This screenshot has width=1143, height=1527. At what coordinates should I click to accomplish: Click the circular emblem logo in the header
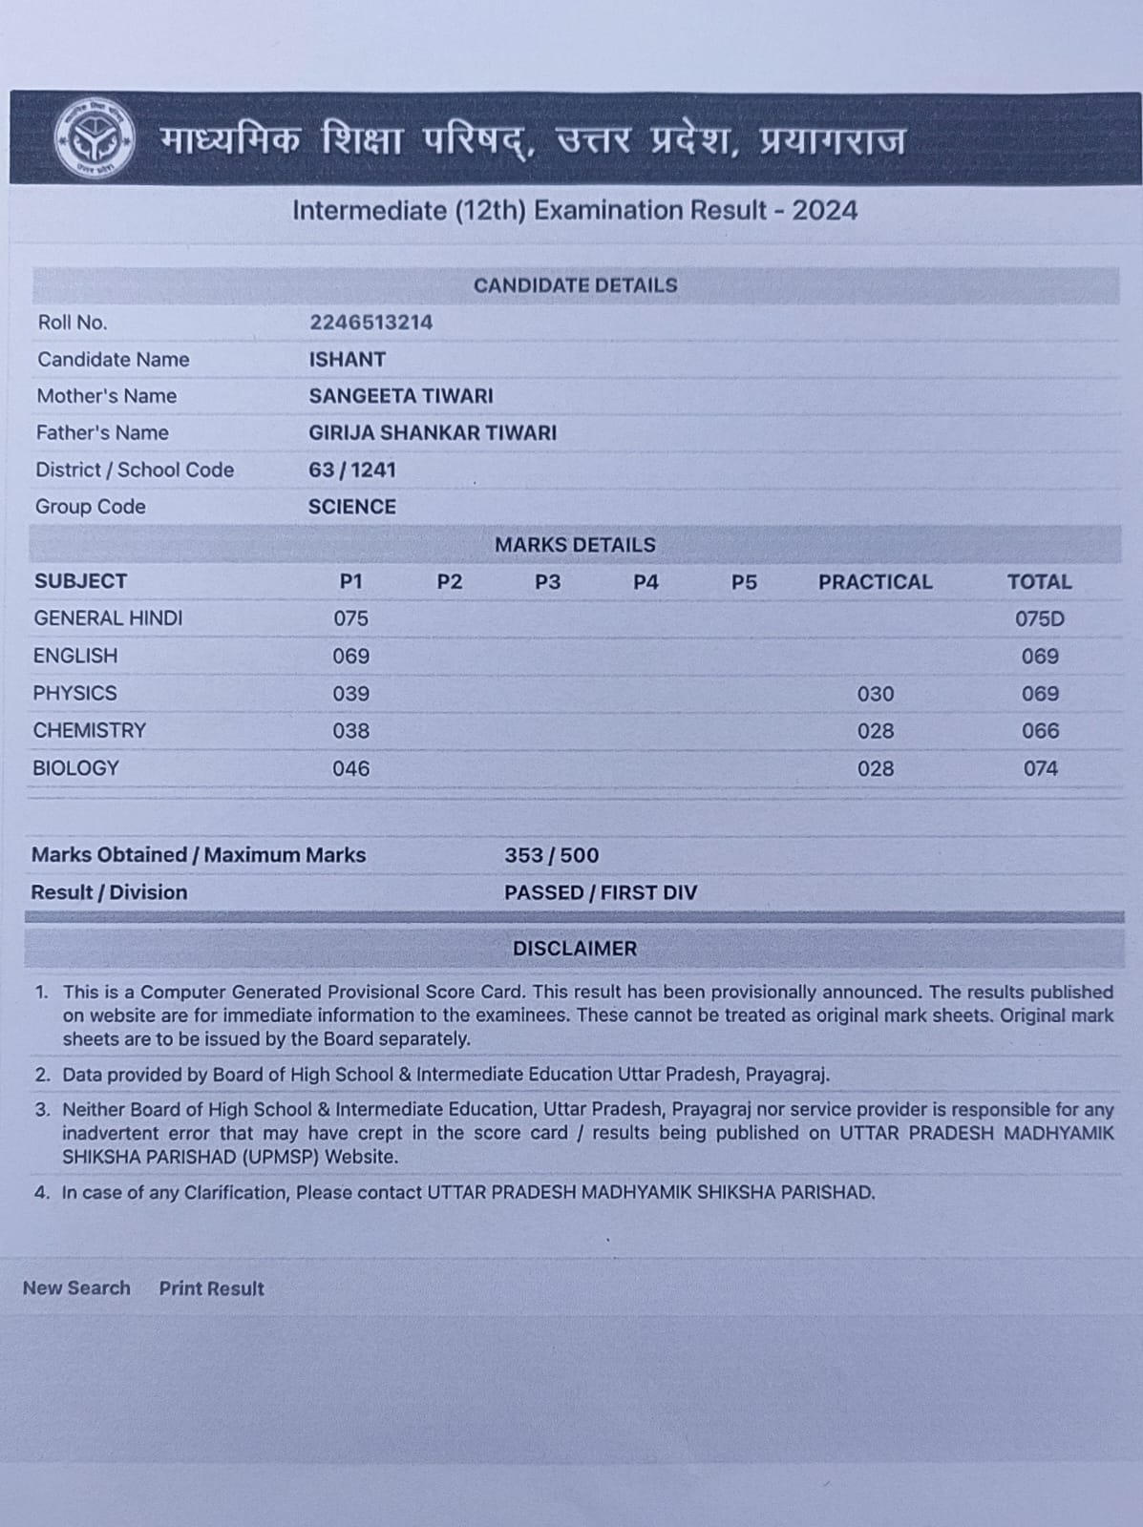pyautogui.click(x=93, y=139)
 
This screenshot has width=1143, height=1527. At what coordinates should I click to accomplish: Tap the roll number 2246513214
pyautogui.click(x=370, y=323)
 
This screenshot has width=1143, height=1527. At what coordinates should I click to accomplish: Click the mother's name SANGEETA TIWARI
pyautogui.click(x=400, y=396)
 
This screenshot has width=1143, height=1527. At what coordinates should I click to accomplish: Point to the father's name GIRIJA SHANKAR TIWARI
pyautogui.click(x=432, y=433)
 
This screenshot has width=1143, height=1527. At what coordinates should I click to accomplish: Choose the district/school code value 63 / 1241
pyautogui.click(x=351, y=470)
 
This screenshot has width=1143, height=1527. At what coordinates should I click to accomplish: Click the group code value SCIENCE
pyautogui.click(x=351, y=507)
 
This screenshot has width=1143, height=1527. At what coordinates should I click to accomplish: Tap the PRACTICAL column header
pyautogui.click(x=875, y=582)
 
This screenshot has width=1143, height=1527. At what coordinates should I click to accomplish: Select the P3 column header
pyautogui.click(x=547, y=582)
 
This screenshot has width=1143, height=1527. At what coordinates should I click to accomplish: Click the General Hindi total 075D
pyautogui.click(x=1039, y=619)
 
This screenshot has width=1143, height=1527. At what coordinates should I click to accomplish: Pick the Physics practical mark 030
pyautogui.click(x=875, y=694)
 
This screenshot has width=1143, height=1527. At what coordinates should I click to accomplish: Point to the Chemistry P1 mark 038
pyautogui.click(x=350, y=731)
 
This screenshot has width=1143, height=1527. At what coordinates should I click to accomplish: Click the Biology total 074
pyautogui.click(x=1040, y=768)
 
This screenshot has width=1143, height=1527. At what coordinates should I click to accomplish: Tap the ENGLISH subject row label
pyautogui.click(x=75, y=657)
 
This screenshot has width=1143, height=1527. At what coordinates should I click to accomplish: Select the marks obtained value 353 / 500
pyautogui.click(x=551, y=855)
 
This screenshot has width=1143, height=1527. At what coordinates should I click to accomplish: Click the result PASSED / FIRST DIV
pyautogui.click(x=601, y=892)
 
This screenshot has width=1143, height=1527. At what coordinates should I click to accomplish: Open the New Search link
pyautogui.click(x=76, y=1288)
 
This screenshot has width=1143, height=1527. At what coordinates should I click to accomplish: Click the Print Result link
pyautogui.click(x=211, y=1288)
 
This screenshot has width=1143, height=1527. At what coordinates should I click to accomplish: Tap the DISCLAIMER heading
pyautogui.click(x=574, y=949)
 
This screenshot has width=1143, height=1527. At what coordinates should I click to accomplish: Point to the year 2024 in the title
pyautogui.click(x=824, y=211)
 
